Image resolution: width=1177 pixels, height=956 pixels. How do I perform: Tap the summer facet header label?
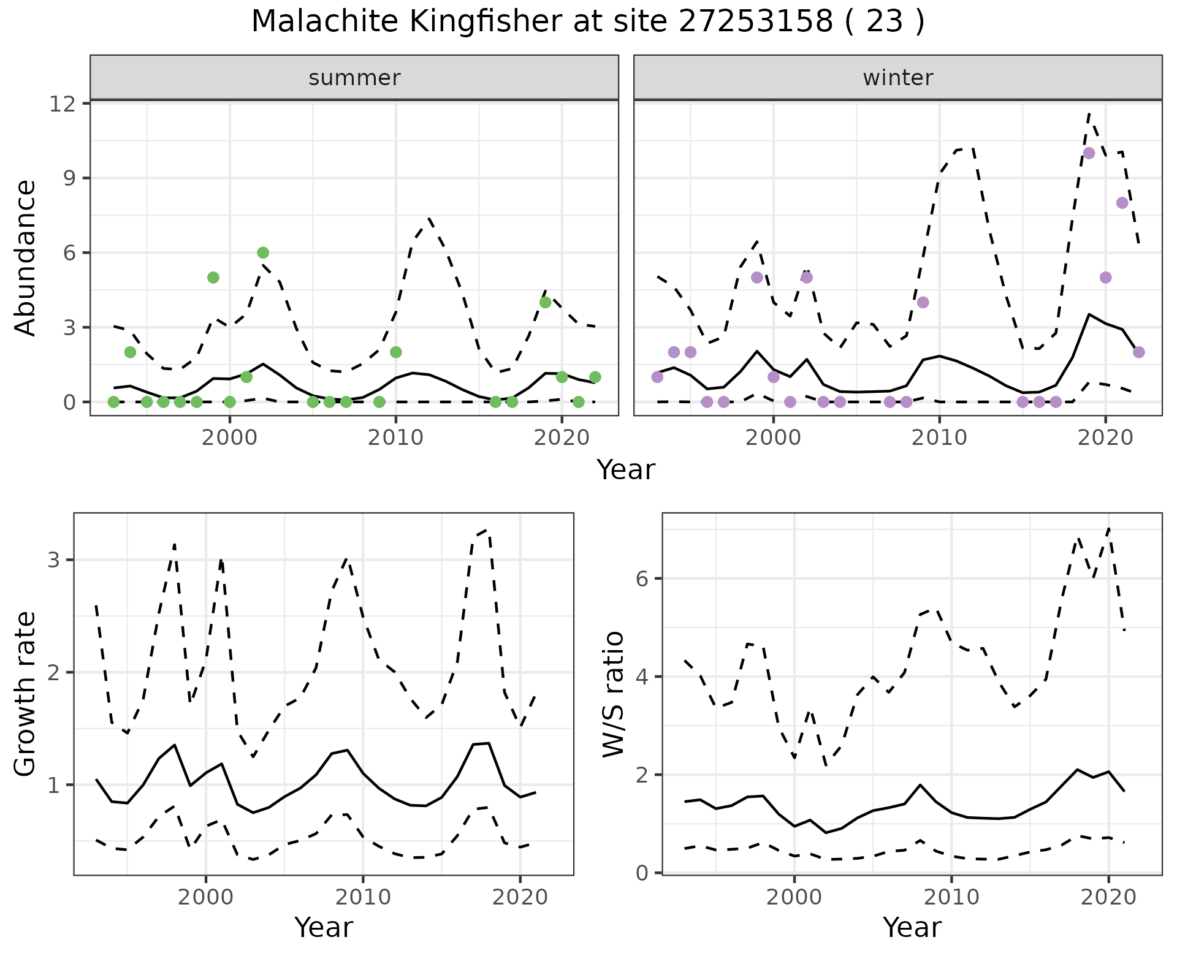pyautogui.click(x=354, y=78)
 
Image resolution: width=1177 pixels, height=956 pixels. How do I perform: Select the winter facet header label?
pyautogui.click(x=897, y=78)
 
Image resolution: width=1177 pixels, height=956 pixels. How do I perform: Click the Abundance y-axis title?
pyautogui.click(x=25, y=257)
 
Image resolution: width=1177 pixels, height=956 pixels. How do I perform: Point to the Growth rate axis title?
pyautogui.click(x=25, y=694)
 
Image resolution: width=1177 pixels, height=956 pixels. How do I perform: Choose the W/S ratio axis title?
pyautogui.click(x=613, y=694)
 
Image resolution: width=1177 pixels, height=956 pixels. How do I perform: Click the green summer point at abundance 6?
pyautogui.click(x=263, y=252)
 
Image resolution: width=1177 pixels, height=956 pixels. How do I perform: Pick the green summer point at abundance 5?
pyautogui.click(x=213, y=278)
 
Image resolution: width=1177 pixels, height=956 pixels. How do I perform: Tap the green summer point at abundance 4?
pyautogui.click(x=545, y=302)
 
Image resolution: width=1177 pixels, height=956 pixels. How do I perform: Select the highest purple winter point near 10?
pyautogui.click(x=1089, y=153)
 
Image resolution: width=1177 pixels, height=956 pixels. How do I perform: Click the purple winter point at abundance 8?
pyautogui.click(x=1122, y=203)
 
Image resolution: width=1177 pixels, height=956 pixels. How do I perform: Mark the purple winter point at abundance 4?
pyautogui.click(x=923, y=302)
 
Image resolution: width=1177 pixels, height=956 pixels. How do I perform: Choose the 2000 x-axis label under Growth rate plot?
pyautogui.click(x=206, y=897)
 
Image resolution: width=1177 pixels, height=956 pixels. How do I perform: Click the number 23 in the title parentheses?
pyautogui.click(x=885, y=22)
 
